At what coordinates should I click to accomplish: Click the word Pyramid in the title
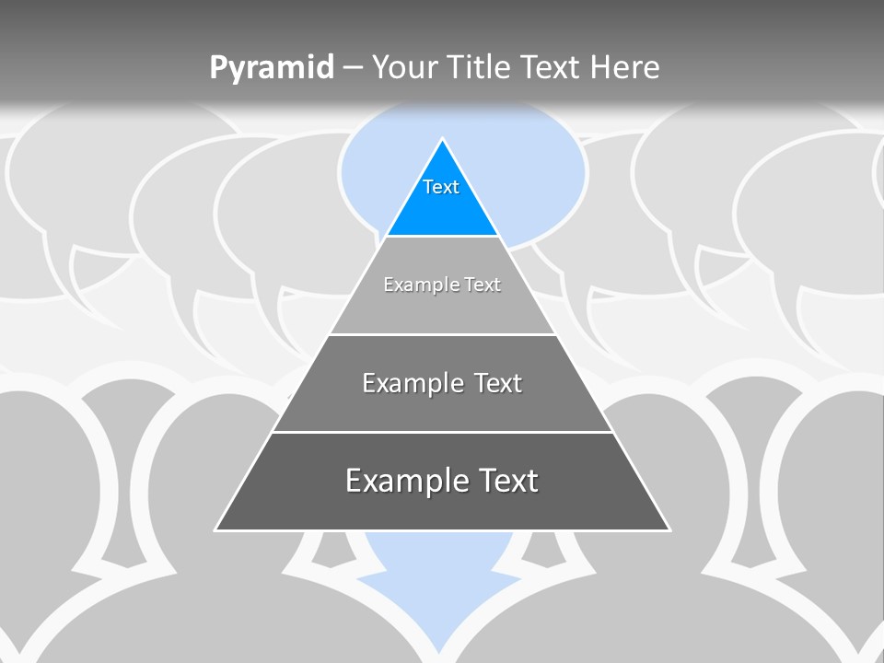tap(271, 67)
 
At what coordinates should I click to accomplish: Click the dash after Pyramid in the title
tap(353, 68)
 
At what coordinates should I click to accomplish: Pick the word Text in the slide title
tap(552, 67)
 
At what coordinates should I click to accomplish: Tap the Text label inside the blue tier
tap(441, 187)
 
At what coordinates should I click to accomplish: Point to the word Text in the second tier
tap(483, 285)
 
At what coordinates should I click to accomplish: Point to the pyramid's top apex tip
tap(442, 141)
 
